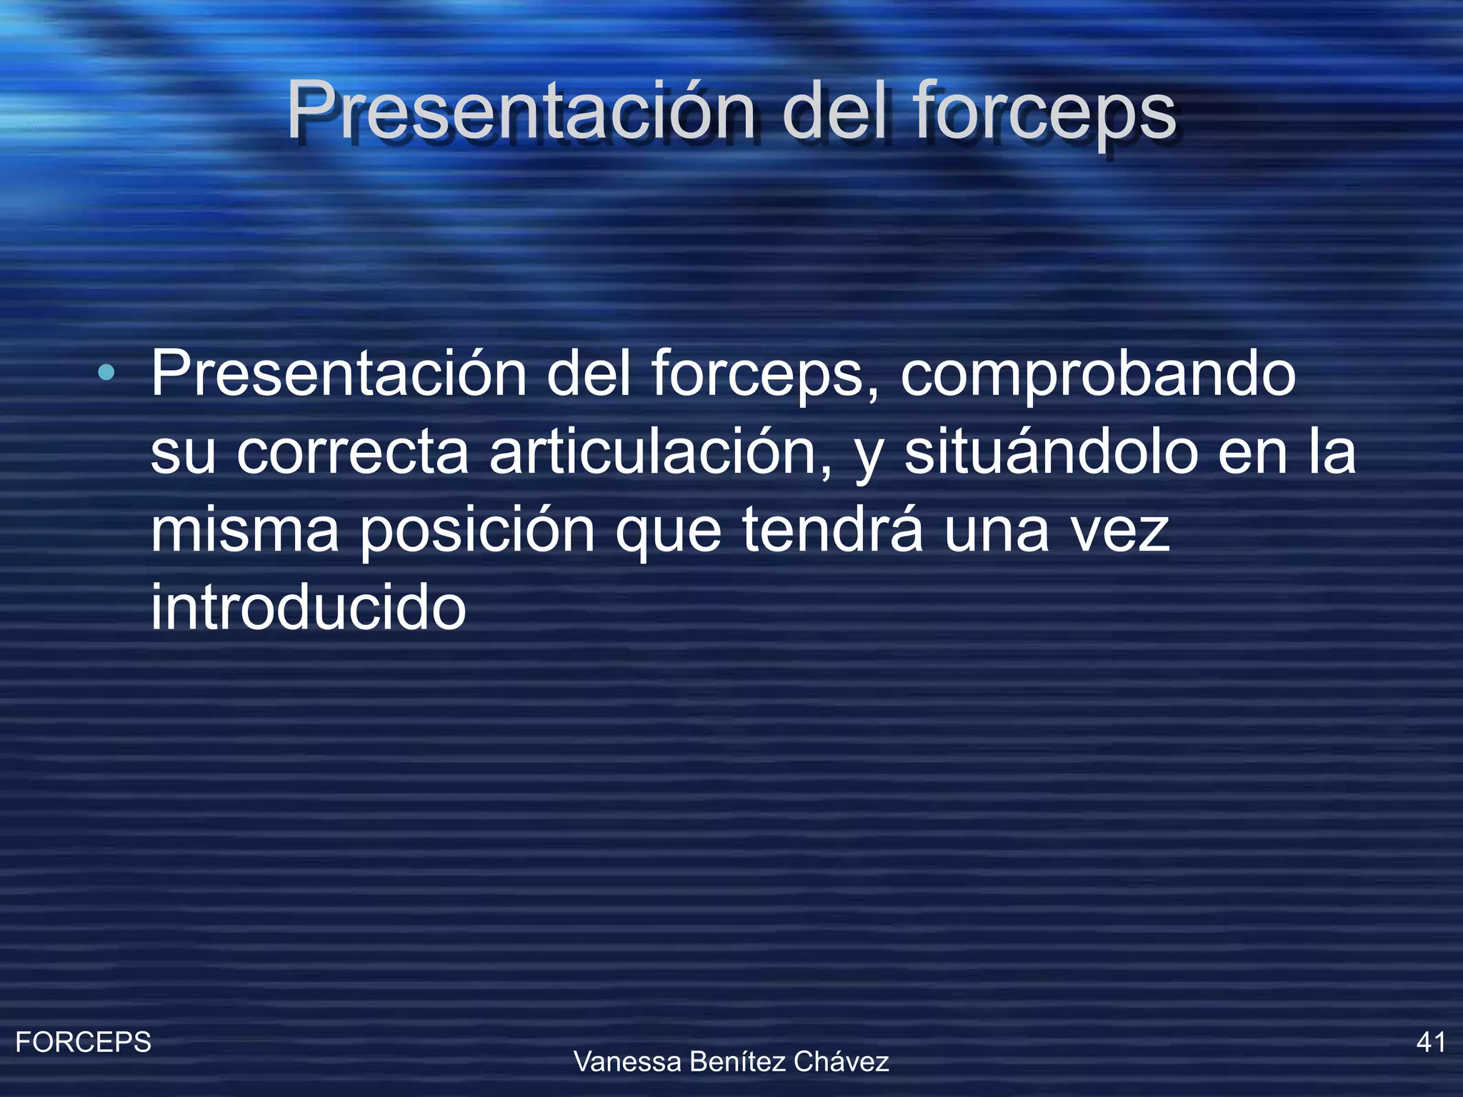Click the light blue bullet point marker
tap(106, 372)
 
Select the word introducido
tap(308, 608)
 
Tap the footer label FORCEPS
tap(83, 1043)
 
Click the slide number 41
tap(1430, 1043)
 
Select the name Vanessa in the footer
tap(627, 1062)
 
